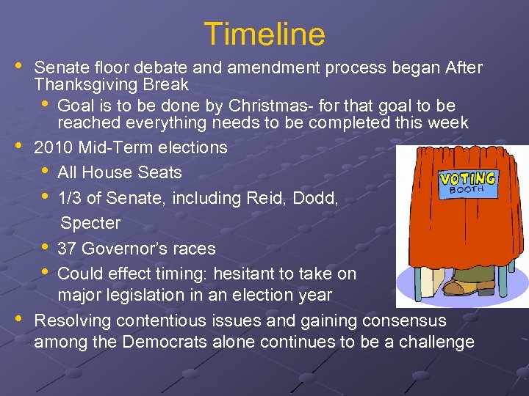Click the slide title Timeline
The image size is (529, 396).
[264, 34]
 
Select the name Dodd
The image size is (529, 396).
[311, 198]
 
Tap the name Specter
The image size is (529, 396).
[90, 223]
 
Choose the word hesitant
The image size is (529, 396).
[261, 274]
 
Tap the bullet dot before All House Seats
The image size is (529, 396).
[46, 171]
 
